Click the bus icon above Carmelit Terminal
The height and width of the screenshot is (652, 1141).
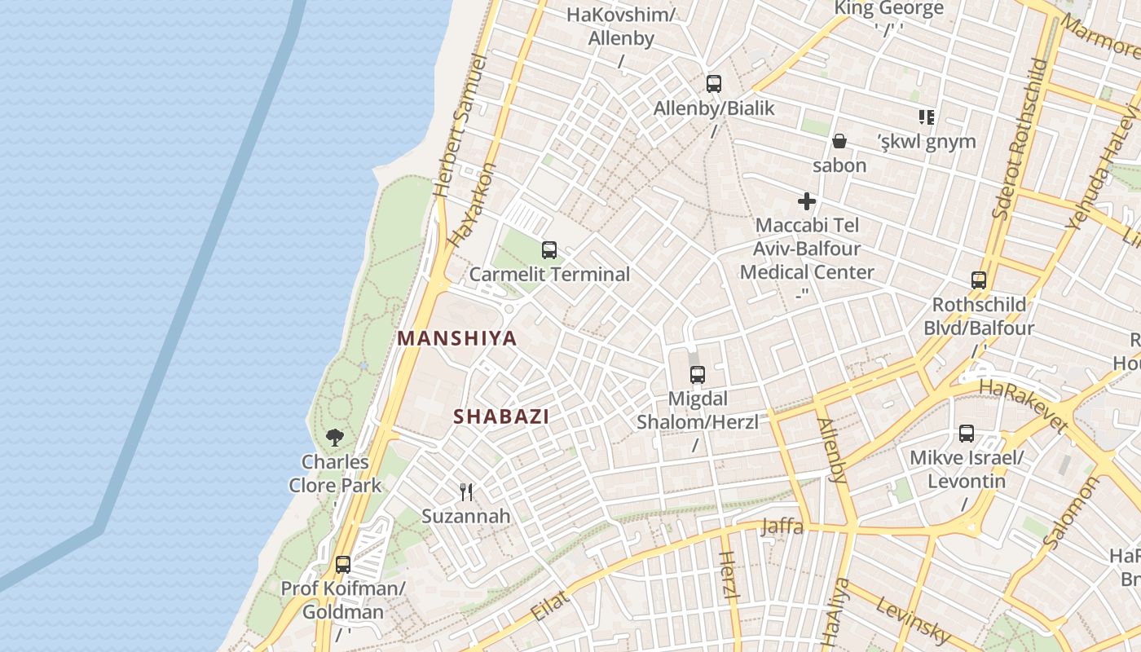(549, 250)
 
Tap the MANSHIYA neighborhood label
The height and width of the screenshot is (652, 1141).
(457, 338)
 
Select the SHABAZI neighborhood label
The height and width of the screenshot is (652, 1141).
(501, 416)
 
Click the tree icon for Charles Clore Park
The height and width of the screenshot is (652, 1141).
(334, 438)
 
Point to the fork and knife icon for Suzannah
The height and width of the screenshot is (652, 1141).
(466, 491)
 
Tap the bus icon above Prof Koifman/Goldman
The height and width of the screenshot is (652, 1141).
(343, 564)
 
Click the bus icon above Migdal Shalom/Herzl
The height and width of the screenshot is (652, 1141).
(698, 375)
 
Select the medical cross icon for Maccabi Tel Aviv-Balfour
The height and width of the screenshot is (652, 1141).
(807, 201)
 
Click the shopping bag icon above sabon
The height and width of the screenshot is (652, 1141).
(839, 141)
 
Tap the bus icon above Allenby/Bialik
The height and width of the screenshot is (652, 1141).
(714, 83)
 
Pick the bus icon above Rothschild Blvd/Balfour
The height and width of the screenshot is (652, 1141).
(979, 280)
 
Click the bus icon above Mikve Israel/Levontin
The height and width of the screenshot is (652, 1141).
(967, 434)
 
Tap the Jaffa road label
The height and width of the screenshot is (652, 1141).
(782, 526)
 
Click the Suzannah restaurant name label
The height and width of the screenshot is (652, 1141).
(466, 516)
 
